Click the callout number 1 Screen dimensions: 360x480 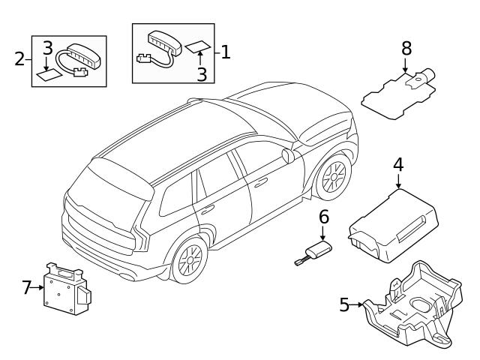pos(224,52)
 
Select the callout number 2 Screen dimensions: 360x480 pos(20,58)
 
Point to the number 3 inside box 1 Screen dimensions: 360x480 pos(201,73)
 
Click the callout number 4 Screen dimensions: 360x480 pos(397,163)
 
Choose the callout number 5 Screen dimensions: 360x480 pos(345,304)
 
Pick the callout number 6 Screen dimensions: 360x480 pos(324,217)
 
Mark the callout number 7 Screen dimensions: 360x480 pos(27,287)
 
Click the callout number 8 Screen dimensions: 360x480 pos(406,48)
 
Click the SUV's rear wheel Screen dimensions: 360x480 pos(189,261)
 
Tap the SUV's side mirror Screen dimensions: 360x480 pos(287,155)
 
